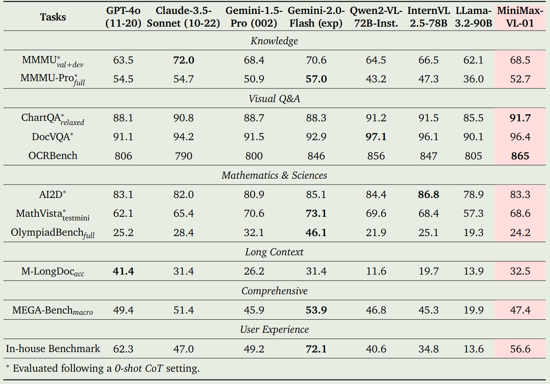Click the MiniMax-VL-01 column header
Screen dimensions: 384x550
point(520,17)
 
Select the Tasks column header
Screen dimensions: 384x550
point(53,17)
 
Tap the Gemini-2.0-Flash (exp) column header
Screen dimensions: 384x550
point(316,17)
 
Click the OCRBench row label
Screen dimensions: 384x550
point(53,156)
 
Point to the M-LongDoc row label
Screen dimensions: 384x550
point(53,271)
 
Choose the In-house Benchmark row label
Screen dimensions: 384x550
point(53,349)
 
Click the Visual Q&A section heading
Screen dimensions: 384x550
point(274,99)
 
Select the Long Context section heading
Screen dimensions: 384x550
point(274,252)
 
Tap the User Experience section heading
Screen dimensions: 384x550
point(274,329)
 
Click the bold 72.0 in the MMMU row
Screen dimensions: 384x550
point(184,60)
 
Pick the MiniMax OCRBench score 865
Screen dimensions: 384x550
point(520,156)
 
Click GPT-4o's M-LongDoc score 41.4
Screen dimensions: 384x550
point(123,271)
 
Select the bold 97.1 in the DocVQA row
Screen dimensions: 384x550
point(376,137)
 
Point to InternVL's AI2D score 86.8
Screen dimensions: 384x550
point(429,195)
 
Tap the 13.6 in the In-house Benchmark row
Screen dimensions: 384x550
point(473,349)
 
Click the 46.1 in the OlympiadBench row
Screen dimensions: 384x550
point(316,233)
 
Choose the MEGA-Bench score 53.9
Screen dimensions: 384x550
point(316,310)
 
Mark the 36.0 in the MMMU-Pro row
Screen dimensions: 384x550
point(473,79)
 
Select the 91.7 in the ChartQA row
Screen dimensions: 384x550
point(520,118)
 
